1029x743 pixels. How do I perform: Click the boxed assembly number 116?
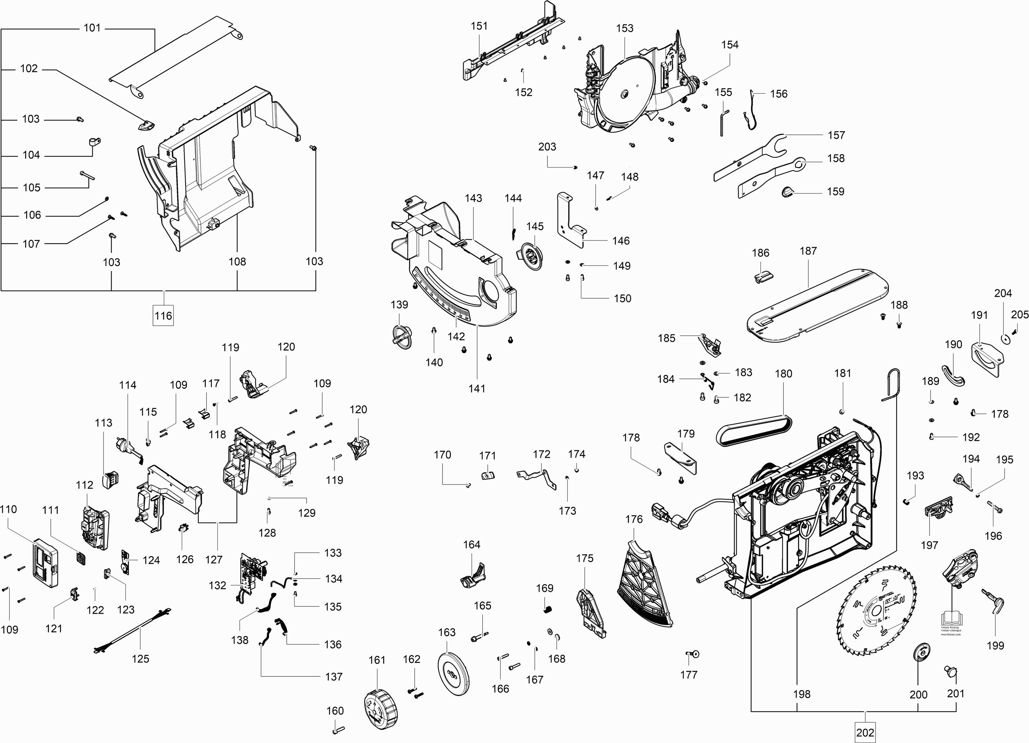click(x=163, y=316)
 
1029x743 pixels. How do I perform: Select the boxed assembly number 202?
click(x=865, y=732)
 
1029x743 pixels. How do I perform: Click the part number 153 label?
click(x=624, y=28)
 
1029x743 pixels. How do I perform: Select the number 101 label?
click(x=92, y=28)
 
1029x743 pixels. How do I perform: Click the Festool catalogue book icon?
click(x=951, y=617)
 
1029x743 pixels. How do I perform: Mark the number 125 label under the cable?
click(x=140, y=659)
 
